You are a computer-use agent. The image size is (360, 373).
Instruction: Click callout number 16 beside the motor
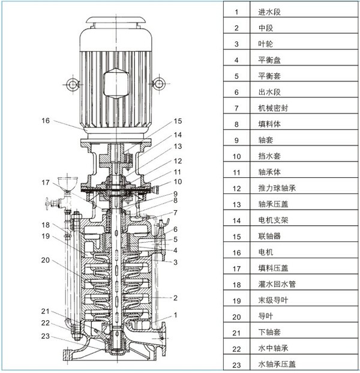[46, 121]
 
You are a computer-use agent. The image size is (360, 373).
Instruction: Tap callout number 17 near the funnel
[46, 183]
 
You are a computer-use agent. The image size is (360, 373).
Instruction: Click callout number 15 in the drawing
[178, 121]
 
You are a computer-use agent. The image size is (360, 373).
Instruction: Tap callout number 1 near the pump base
[176, 315]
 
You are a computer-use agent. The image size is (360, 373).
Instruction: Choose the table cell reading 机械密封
[274, 108]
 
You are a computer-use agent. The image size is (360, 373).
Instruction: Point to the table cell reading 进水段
[269, 11]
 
